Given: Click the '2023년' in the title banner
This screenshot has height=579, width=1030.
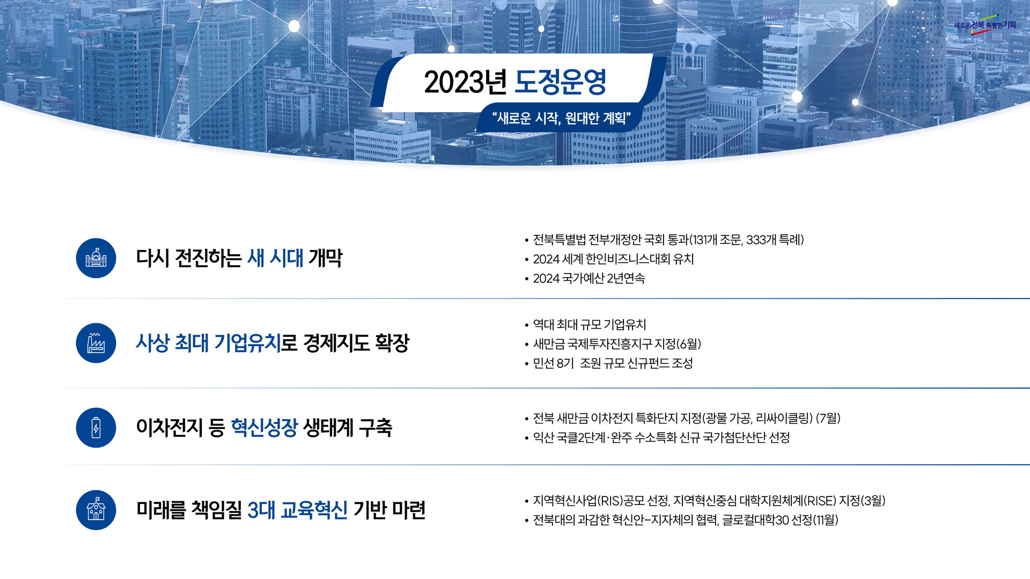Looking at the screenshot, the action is pyautogui.click(x=465, y=82).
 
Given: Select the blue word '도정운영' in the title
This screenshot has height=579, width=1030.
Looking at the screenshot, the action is pyautogui.click(x=560, y=82).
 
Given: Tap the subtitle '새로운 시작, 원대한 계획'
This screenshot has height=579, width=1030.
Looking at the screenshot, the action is pyautogui.click(x=561, y=118).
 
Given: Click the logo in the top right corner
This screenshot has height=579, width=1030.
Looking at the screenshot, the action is pyautogui.click(x=985, y=25).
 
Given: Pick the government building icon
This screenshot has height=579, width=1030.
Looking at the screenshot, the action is pyautogui.click(x=96, y=258).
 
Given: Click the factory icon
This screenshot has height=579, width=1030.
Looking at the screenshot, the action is pyautogui.click(x=96, y=343).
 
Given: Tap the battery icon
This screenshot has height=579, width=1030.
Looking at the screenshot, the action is pyautogui.click(x=96, y=428).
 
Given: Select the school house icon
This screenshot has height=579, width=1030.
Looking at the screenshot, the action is pyautogui.click(x=96, y=510).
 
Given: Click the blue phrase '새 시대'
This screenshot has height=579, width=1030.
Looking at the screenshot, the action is pyautogui.click(x=275, y=258).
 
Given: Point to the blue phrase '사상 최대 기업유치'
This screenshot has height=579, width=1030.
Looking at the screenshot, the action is pyautogui.click(x=209, y=343).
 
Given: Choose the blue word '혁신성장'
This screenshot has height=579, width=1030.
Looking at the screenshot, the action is pyautogui.click(x=264, y=427).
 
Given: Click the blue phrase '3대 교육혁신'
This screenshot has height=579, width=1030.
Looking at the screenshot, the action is pyautogui.click(x=297, y=510).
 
